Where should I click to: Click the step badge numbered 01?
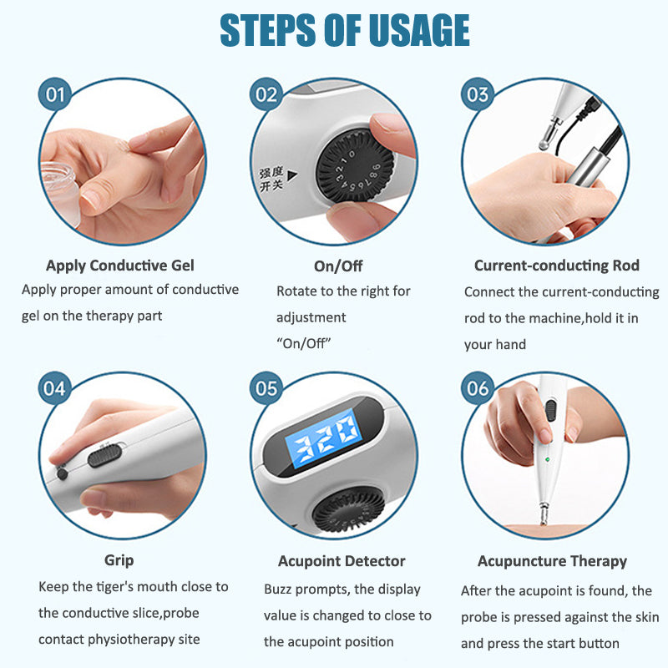[55, 94]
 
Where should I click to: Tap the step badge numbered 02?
[266, 94]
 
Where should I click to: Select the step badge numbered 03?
[478, 94]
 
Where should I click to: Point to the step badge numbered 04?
[55, 388]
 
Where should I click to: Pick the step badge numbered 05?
[266, 388]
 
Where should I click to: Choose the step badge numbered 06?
[478, 388]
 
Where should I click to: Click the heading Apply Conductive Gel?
[120, 266]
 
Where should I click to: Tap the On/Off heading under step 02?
[338, 266]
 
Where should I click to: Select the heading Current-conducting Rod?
[557, 266]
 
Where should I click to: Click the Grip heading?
[119, 560]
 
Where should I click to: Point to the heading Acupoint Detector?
[342, 561]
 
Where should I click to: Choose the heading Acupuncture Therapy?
[552, 561]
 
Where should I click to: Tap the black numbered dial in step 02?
[356, 166]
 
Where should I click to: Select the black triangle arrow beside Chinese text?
[292, 175]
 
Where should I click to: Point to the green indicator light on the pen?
[548, 460]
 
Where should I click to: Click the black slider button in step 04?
[105, 455]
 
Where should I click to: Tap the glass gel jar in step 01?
[59, 192]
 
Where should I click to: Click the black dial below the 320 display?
[349, 510]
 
